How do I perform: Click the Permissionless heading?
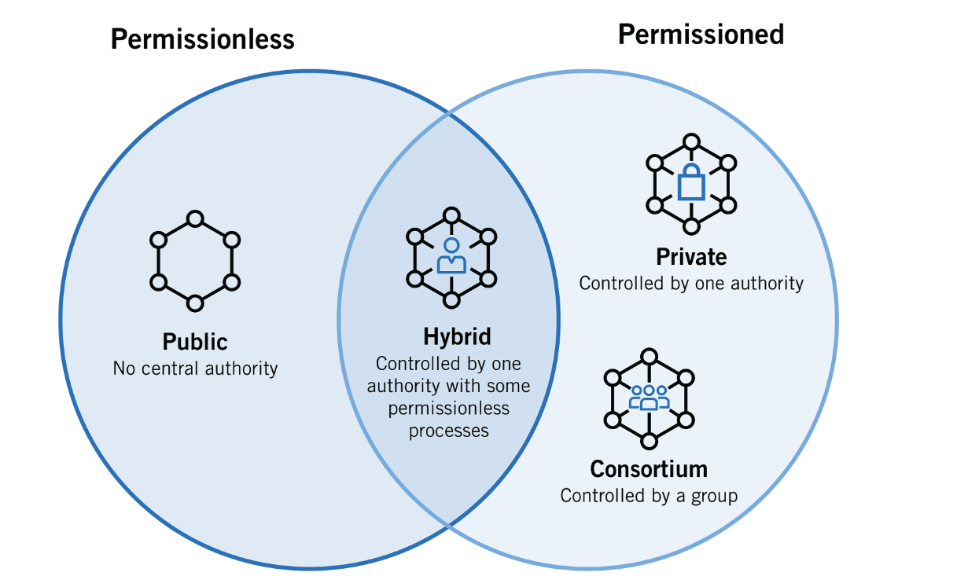[202, 39]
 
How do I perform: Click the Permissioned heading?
[701, 34]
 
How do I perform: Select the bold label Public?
[195, 342]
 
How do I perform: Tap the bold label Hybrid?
[457, 336]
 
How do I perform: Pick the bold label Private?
[691, 257]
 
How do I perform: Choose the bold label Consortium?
[649, 469]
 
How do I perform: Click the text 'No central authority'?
[195, 368]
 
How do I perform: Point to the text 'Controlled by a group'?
[649, 496]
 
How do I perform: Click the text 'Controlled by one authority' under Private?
[691, 283]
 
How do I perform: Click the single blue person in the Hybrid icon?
[451, 256]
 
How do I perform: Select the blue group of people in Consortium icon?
[649, 397]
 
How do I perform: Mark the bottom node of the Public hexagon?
[195, 302]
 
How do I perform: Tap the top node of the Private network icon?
[691, 142]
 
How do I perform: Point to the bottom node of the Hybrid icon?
[451, 299]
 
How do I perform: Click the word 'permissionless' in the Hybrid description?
[448, 409]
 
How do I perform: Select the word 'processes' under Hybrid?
[448, 431]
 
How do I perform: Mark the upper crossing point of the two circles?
[449, 115]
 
